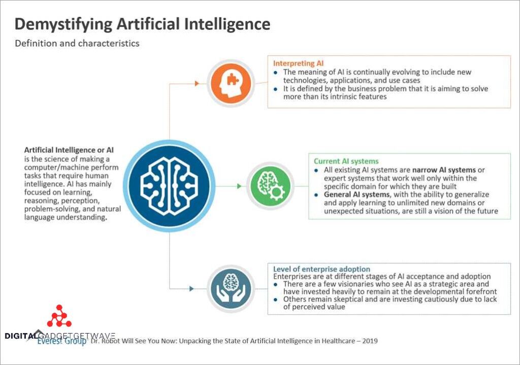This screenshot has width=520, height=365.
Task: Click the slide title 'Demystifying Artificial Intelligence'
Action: tap(142, 24)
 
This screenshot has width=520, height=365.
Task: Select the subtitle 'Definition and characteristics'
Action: tap(77, 44)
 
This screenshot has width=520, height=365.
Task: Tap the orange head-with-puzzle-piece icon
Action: tap(231, 83)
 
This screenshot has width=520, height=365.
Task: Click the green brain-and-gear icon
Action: tap(271, 186)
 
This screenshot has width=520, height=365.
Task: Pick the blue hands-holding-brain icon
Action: tap(231, 288)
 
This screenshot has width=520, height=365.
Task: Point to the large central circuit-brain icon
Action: tap(169, 186)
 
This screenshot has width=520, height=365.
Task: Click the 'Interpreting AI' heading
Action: tap(298, 63)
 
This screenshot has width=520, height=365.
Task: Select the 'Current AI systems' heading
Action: tap(346, 161)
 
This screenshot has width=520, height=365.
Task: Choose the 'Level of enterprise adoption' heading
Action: tap(321, 269)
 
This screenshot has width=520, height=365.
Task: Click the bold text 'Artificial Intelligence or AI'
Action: tap(69, 150)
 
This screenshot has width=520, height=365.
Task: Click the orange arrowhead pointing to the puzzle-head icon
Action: tap(197, 84)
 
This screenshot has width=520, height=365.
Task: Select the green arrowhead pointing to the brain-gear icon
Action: tap(240, 186)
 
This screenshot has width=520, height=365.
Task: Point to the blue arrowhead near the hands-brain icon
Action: tap(191, 289)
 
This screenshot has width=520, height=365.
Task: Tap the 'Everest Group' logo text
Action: tap(61, 341)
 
